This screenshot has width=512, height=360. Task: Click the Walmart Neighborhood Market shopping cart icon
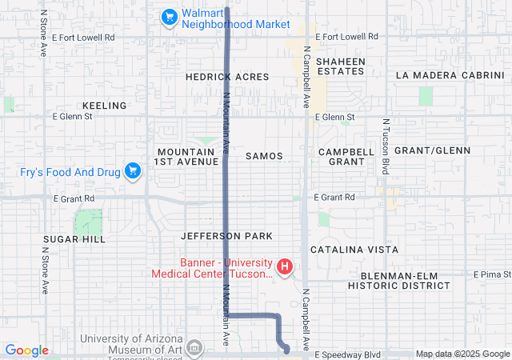[169, 17]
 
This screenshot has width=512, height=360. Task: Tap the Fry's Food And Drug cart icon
[133, 170]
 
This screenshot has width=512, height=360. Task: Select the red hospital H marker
[283, 266]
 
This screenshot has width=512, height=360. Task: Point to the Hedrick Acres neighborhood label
[227, 77]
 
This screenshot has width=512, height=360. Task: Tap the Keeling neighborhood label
[104, 106]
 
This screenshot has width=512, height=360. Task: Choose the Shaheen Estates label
[340, 66]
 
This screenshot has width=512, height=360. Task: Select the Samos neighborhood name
[265, 156]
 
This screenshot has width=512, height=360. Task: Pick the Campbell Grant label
[346, 156]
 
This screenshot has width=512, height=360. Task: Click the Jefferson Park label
[226, 236]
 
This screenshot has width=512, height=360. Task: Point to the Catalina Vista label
[354, 250]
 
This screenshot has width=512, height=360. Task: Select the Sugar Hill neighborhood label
[75, 239]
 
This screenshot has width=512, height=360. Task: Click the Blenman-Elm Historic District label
[399, 280]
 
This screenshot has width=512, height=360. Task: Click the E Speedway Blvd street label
[348, 354]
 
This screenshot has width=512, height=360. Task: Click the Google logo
[26, 350]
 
